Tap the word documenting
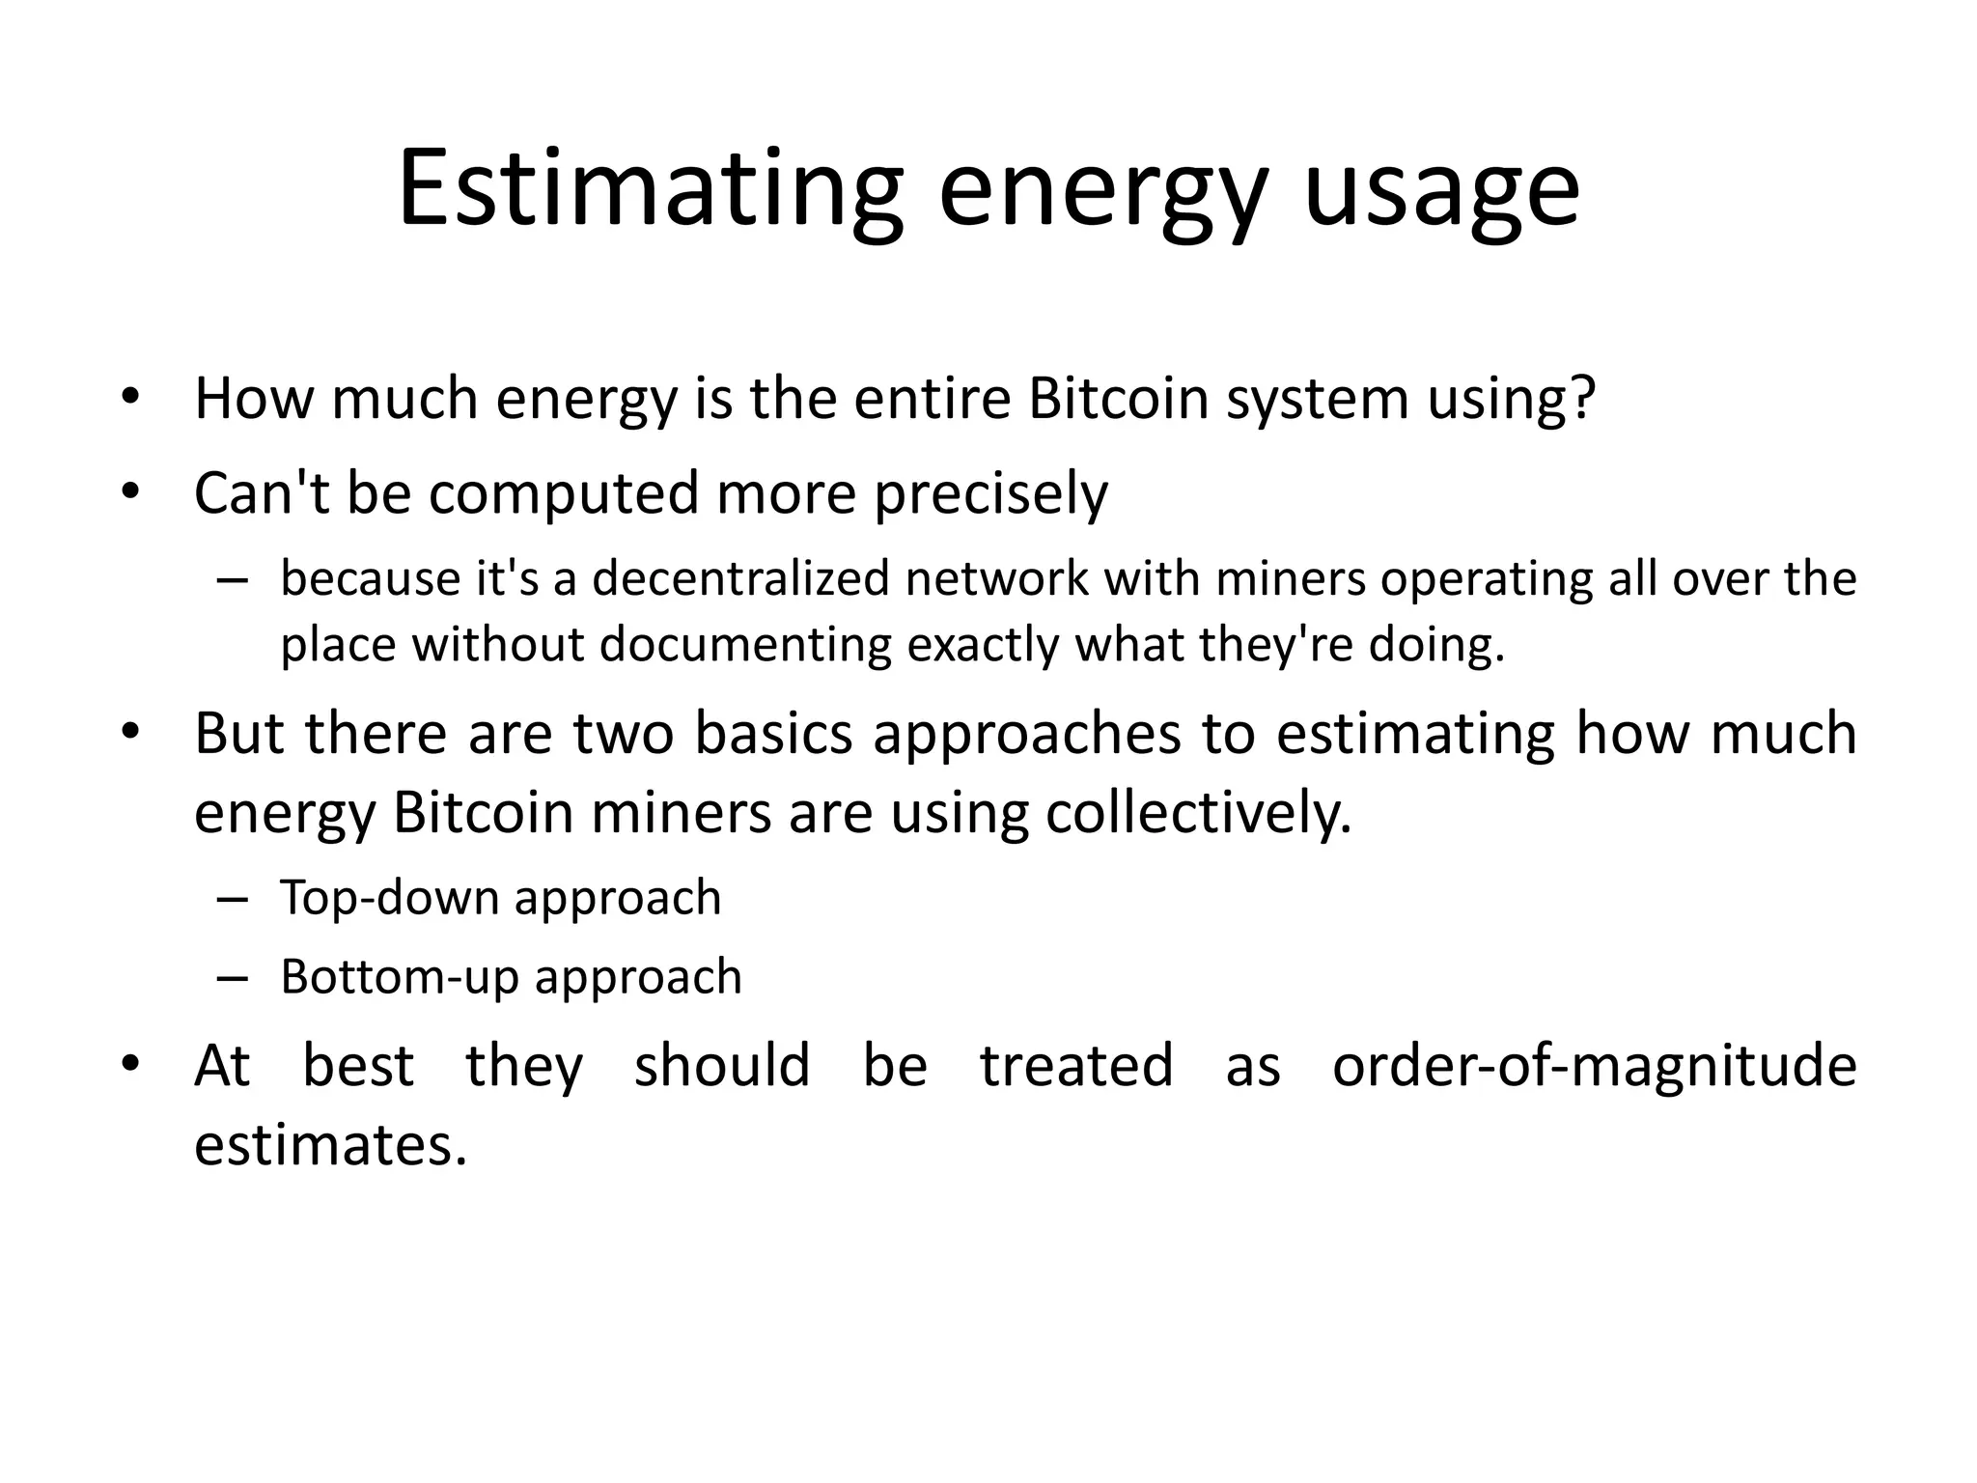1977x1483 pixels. tap(745, 644)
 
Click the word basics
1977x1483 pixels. tap(773, 733)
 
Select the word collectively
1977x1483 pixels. tap(1198, 813)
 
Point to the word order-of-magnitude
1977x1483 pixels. tap(1594, 1066)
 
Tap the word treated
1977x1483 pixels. tap(1076, 1066)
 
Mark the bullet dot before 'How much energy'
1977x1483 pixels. tap(131, 397)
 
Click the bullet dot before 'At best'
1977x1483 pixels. tap(131, 1065)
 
